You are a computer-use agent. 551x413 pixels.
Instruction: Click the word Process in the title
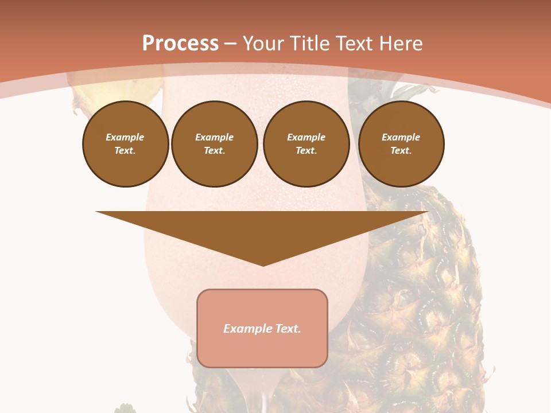180,44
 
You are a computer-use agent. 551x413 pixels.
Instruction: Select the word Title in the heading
310,44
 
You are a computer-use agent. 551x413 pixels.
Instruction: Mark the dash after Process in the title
230,44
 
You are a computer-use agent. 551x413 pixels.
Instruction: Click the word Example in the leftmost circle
125,137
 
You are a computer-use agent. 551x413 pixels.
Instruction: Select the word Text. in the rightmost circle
401,150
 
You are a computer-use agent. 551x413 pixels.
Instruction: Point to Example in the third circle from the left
306,137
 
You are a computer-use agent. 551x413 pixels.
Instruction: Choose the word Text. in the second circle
215,150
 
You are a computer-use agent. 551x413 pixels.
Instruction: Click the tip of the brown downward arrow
263,265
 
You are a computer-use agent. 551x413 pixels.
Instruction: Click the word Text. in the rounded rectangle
289,329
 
